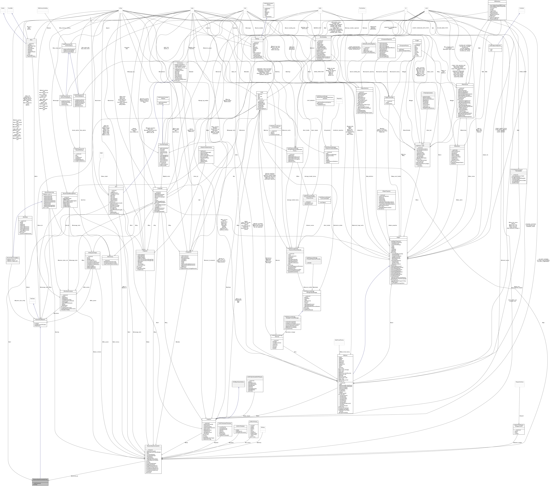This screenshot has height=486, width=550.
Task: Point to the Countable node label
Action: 10,8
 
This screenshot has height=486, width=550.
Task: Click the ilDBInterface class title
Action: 497,1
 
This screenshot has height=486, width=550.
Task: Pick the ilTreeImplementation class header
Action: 427,93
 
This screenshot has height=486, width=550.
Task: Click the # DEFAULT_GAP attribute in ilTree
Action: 420,146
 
